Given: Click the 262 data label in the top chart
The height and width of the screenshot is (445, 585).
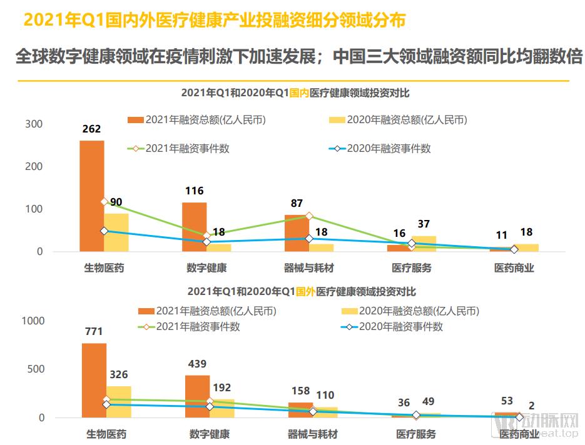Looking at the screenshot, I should click(91, 129).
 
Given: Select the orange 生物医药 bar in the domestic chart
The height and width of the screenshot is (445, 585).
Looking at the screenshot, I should click(91, 196).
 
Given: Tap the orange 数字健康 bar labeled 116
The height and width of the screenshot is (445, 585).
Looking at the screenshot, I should click(194, 226).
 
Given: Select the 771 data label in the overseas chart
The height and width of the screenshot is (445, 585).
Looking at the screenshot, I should click(93, 332).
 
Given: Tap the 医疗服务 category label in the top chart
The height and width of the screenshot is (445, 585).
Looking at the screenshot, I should click(412, 268).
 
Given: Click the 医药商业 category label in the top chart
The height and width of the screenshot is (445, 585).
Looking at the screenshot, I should click(514, 268).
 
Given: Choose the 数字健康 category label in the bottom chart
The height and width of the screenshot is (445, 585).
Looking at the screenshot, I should click(209, 433).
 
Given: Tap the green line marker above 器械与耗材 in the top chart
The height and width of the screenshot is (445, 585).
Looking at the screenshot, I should click(308, 216).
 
